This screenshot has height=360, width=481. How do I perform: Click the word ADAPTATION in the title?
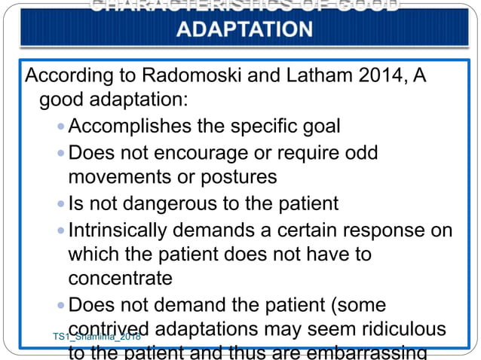244,29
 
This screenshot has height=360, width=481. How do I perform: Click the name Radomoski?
176,77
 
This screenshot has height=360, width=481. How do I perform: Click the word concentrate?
121,278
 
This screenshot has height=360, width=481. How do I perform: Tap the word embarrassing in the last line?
380,352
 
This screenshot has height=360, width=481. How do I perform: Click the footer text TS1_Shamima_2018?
97,336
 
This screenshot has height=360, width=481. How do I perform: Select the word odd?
360,152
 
